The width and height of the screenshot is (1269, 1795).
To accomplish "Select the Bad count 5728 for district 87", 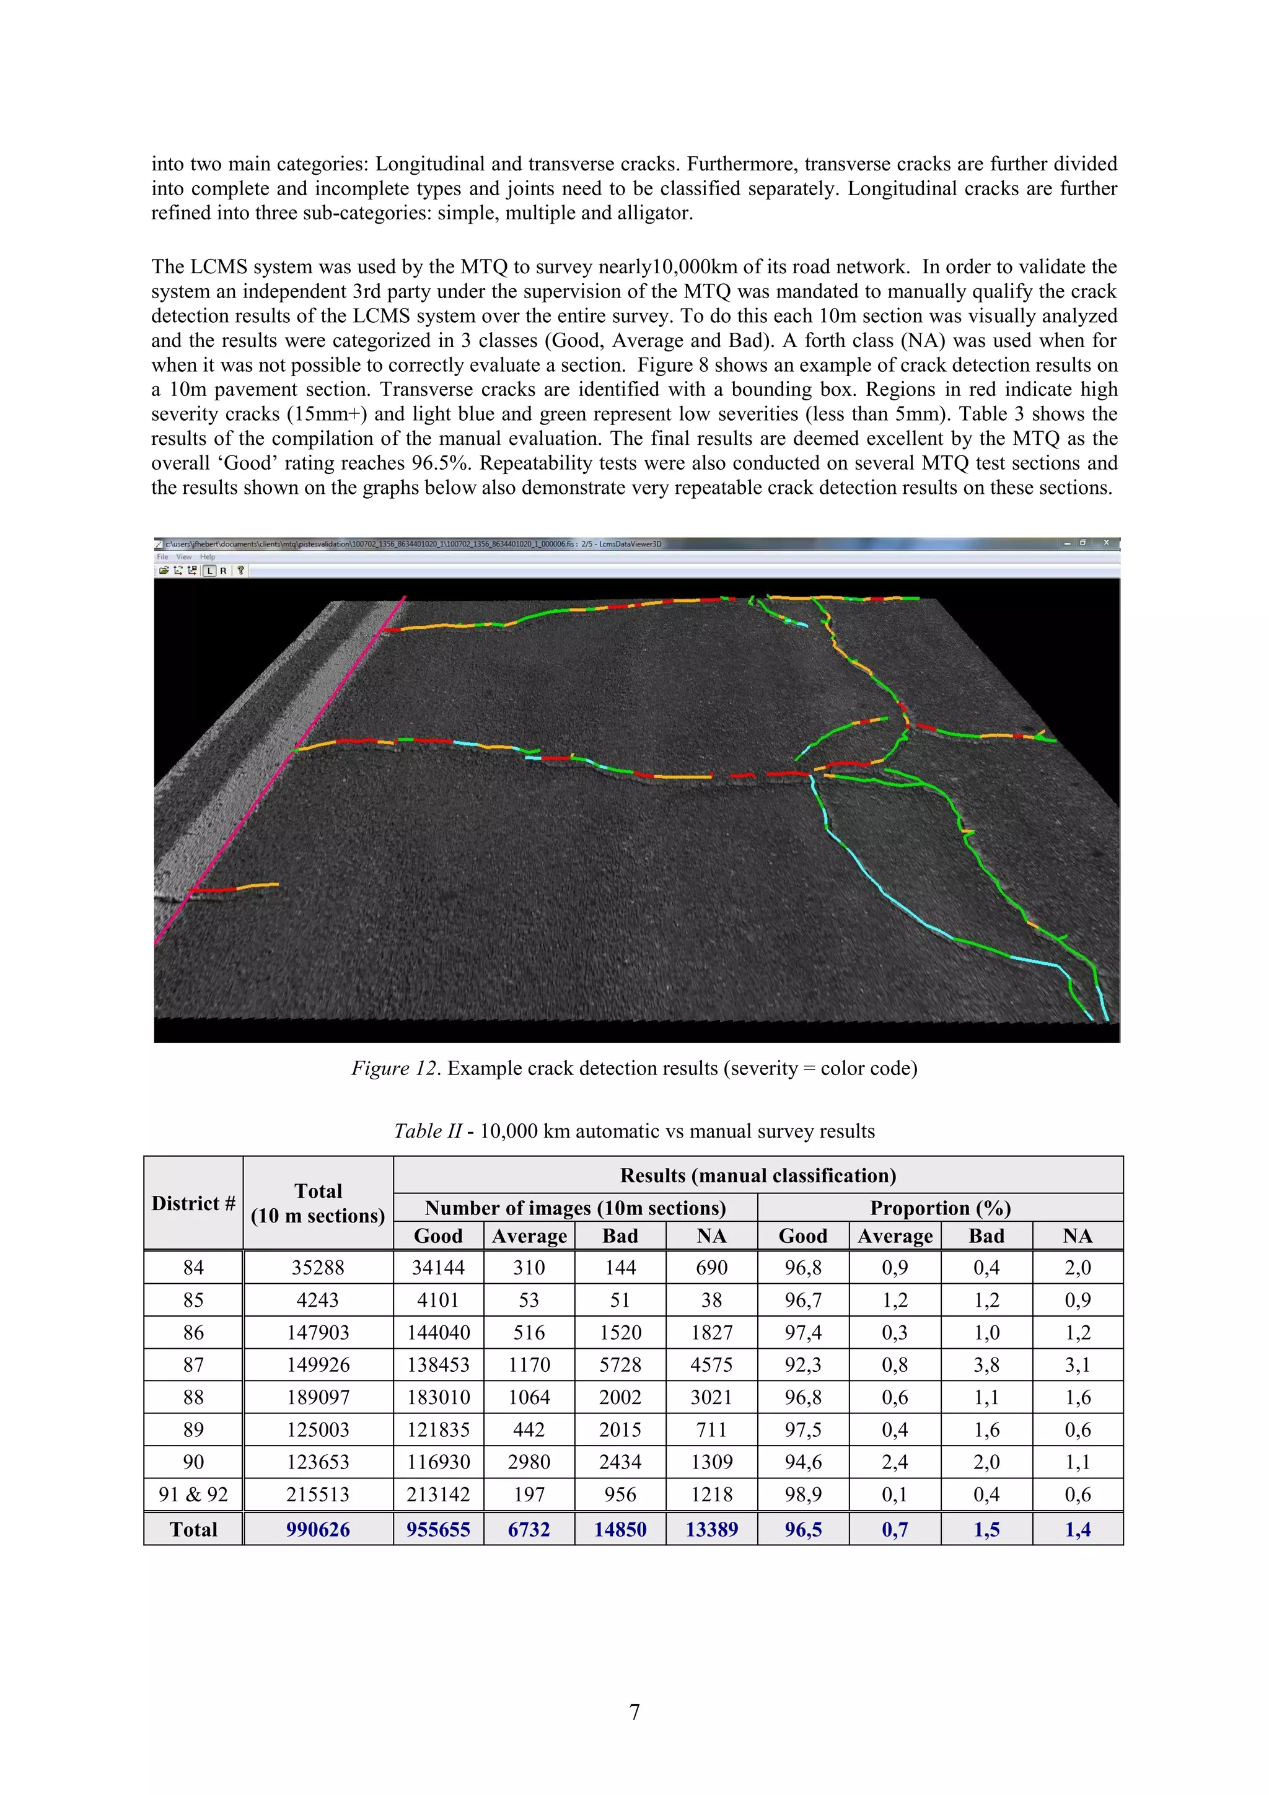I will tap(620, 1364).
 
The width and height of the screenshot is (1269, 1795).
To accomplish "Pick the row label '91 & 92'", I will tap(193, 1494).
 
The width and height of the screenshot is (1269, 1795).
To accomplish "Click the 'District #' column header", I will tap(193, 1203).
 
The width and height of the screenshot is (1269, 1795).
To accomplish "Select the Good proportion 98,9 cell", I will tap(803, 1494).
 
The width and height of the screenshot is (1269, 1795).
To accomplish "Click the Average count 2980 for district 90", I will tap(529, 1461).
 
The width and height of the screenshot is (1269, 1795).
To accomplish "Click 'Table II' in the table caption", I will tap(428, 1131).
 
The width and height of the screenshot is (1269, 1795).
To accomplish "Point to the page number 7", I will tap(634, 1711).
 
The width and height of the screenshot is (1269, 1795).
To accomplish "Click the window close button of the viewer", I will tap(1105, 543).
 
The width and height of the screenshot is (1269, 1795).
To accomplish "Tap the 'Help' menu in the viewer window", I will tap(207, 556).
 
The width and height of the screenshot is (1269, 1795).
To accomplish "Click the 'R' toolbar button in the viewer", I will tap(224, 571).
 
